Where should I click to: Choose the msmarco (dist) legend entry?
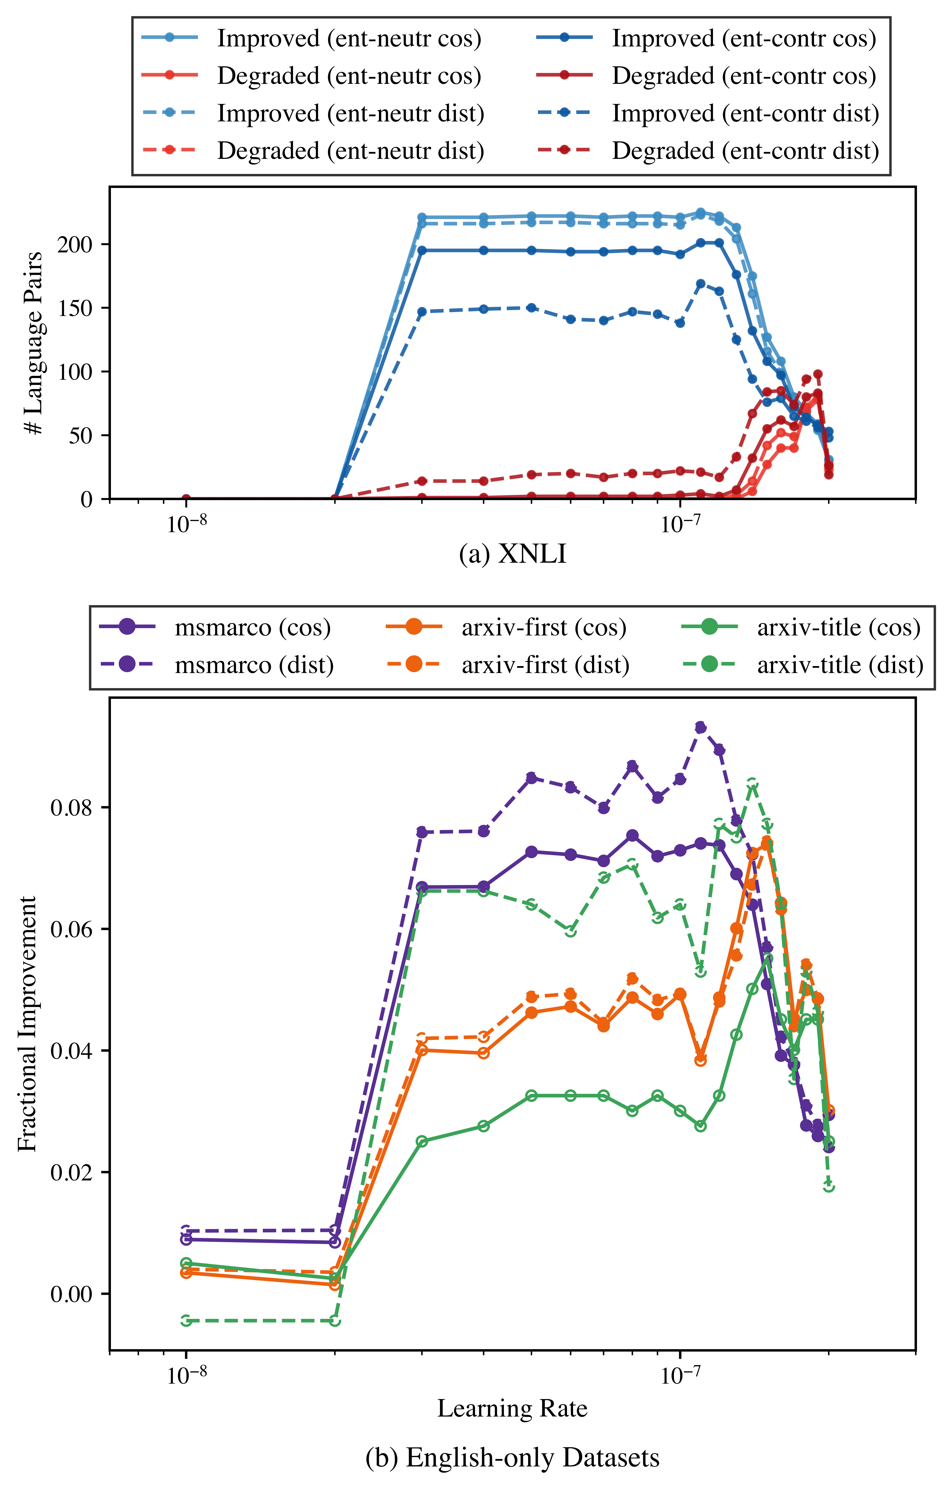pyautogui.click(x=254, y=665)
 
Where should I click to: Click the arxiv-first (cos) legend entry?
pyautogui.click(x=543, y=628)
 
